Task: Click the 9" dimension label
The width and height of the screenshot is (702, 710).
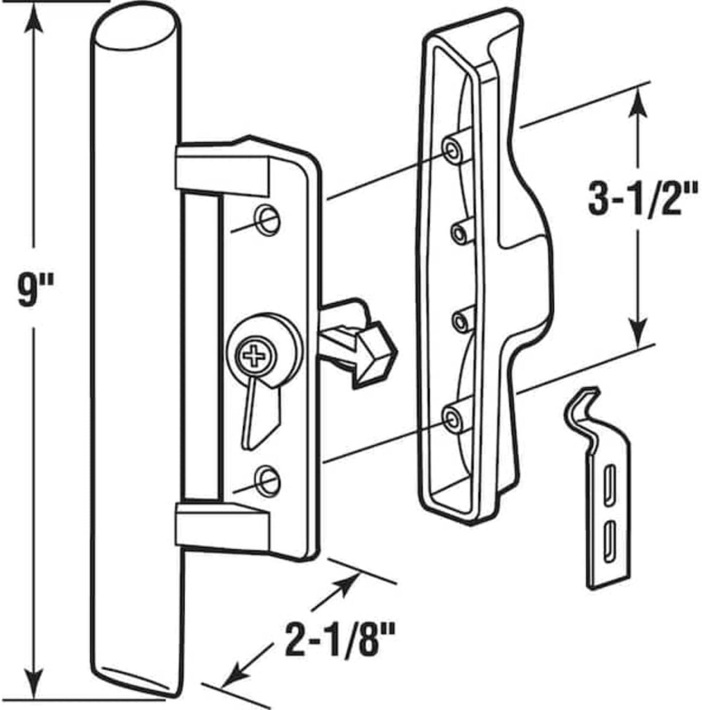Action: (x=35, y=292)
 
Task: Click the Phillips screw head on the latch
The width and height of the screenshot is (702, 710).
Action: (x=255, y=357)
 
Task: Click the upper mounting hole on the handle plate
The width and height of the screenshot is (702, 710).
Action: (x=267, y=220)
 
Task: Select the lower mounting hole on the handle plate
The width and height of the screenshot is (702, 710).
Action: (x=268, y=480)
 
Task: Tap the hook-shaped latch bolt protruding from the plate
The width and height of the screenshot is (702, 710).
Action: (x=361, y=343)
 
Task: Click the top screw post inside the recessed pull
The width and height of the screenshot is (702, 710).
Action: (x=452, y=150)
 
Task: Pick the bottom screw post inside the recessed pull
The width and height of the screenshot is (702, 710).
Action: (x=452, y=418)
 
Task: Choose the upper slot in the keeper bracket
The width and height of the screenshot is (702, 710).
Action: (x=609, y=482)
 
